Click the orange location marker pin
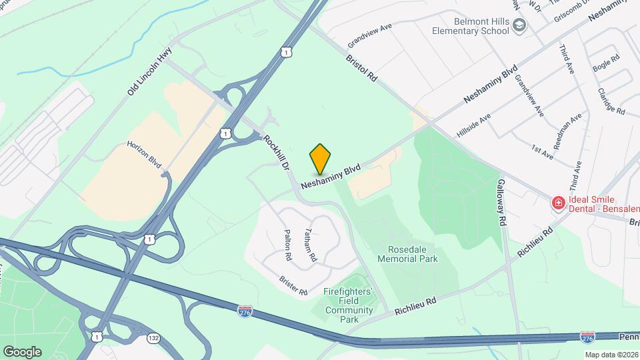tap(320, 159)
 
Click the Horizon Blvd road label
tap(145, 155)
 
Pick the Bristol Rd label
tap(361, 68)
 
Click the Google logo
tap(22, 351)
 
